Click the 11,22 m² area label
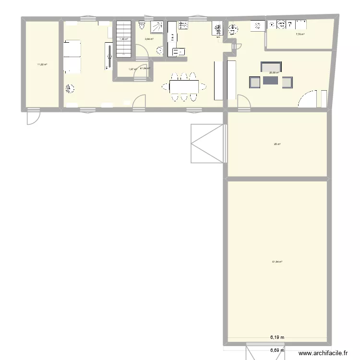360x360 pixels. click(x=42, y=64)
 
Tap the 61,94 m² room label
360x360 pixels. click(x=277, y=262)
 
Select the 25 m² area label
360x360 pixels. click(x=277, y=144)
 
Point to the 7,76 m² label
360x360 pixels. click(x=300, y=34)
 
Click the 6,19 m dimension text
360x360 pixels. click(x=277, y=337)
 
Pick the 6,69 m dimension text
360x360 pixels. click(x=277, y=350)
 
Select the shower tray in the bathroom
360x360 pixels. click(x=157, y=27)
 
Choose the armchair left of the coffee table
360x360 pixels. click(x=254, y=82)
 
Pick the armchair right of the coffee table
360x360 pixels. click(x=287, y=82)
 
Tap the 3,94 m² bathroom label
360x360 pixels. click(x=149, y=39)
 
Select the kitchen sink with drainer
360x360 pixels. click(x=178, y=51)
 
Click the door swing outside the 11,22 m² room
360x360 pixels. click(x=33, y=117)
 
